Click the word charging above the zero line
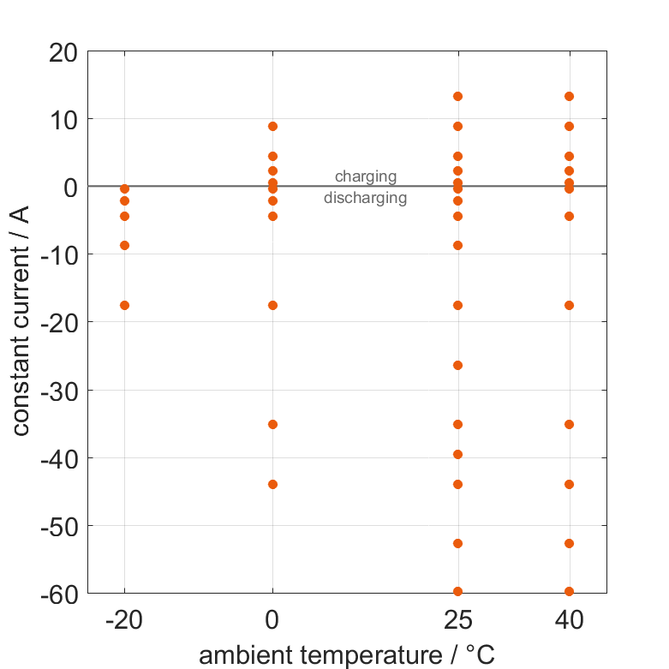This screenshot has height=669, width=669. point(365,176)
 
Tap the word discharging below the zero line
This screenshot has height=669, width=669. point(365,198)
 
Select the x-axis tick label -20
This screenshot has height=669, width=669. point(124,619)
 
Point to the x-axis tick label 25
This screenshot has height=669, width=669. point(457,619)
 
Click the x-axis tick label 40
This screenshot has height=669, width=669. point(569,619)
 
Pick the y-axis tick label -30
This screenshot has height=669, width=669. point(56,391)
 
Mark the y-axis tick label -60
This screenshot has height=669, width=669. point(56,593)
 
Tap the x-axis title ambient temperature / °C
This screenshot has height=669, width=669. point(347,655)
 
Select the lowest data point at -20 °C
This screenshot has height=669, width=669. point(124,305)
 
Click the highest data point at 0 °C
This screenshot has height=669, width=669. point(272,126)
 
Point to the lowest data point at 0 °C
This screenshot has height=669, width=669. point(272,484)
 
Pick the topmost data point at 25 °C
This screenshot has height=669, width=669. point(457,96)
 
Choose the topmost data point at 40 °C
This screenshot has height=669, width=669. point(569,96)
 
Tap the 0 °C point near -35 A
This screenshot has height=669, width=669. point(272,424)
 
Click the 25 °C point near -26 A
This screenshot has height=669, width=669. point(457,365)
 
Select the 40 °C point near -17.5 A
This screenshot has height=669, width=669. point(569,305)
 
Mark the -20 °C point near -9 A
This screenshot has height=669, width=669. point(124,245)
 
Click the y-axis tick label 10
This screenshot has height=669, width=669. point(62,119)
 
